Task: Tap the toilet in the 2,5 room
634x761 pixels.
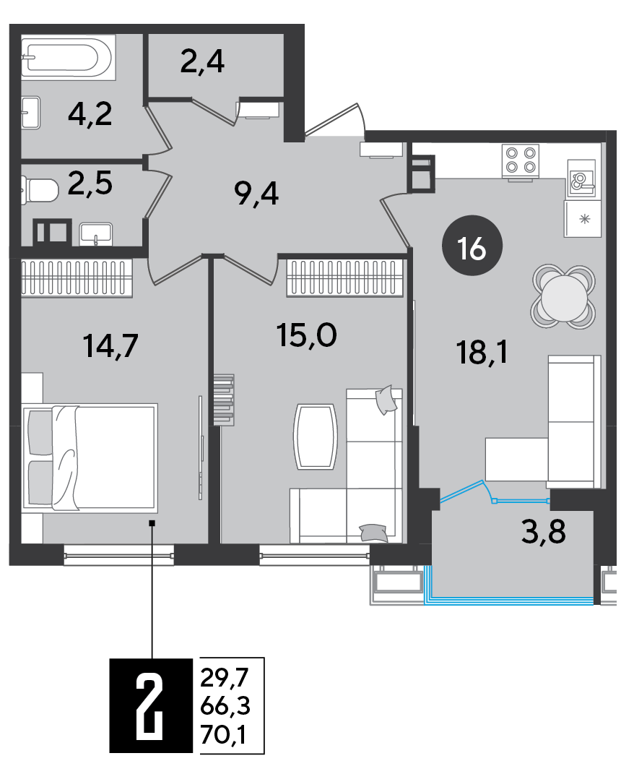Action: coord(39,190)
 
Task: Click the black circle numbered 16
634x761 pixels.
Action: coord(472,246)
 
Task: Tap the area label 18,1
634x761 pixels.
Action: coord(482,353)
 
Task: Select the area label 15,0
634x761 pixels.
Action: coord(307,335)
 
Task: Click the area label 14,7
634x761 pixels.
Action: coord(111,346)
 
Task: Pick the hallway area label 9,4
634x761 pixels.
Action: coord(256,194)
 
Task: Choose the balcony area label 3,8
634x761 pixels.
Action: coord(544,532)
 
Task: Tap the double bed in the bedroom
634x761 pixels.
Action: coord(90,457)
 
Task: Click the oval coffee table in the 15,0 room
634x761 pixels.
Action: coord(316,437)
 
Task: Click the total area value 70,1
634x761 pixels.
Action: coord(224,736)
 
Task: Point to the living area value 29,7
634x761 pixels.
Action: coord(224,677)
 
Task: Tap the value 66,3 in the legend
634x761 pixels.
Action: coord(225,707)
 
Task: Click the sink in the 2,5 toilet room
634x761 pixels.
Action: coord(96,234)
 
